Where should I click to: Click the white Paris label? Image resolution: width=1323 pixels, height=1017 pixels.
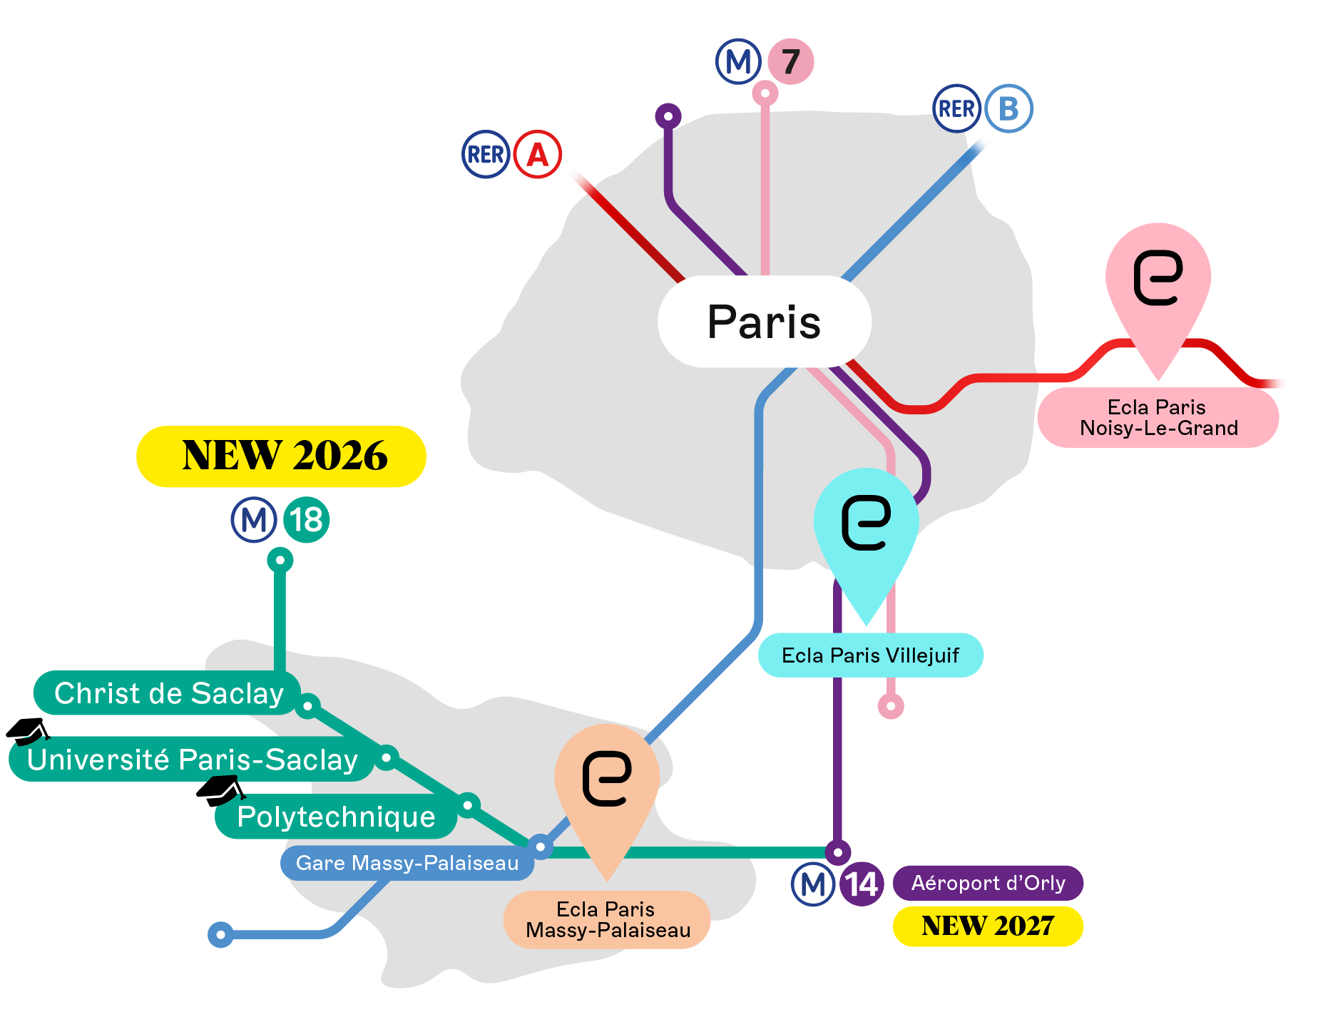pyautogui.click(x=764, y=322)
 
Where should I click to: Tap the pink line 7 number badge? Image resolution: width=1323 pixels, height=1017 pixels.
pyautogui.click(x=790, y=61)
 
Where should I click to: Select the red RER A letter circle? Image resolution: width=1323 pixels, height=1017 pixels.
pyautogui.click(x=538, y=154)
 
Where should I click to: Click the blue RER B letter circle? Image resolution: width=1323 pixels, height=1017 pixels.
pyautogui.click(x=1008, y=108)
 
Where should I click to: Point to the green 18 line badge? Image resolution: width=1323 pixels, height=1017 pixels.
pyautogui.click(x=307, y=519)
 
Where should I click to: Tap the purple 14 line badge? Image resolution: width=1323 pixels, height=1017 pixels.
pyautogui.click(x=862, y=884)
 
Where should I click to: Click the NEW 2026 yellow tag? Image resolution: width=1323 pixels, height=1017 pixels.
pyautogui.click(x=281, y=456)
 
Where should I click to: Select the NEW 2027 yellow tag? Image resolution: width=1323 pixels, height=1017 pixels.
pyautogui.click(x=988, y=926)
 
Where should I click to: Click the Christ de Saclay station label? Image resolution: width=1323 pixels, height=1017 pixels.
pyautogui.click(x=168, y=693)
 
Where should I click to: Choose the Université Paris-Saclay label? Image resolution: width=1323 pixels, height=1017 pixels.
pyautogui.click(x=191, y=760)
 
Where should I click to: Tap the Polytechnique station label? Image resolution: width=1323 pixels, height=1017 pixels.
pyautogui.click(x=335, y=817)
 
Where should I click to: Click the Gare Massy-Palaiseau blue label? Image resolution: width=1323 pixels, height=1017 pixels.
pyautogui.click(x=407, y=863)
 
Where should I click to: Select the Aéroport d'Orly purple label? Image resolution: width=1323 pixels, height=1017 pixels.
pyautogui.click(x=988, y=883)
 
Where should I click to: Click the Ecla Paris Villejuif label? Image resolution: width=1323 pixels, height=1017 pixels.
pyautogui.click(x=870, y=655)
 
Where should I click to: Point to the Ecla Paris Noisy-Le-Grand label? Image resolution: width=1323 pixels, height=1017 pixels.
pyautogui.click(x=1158, y=417)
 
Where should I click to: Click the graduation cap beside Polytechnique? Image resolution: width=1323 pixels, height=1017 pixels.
pyautogui.click(x=220, y=790)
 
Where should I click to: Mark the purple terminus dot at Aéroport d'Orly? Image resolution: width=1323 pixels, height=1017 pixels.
pyautogui.click(x=838, y=852)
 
